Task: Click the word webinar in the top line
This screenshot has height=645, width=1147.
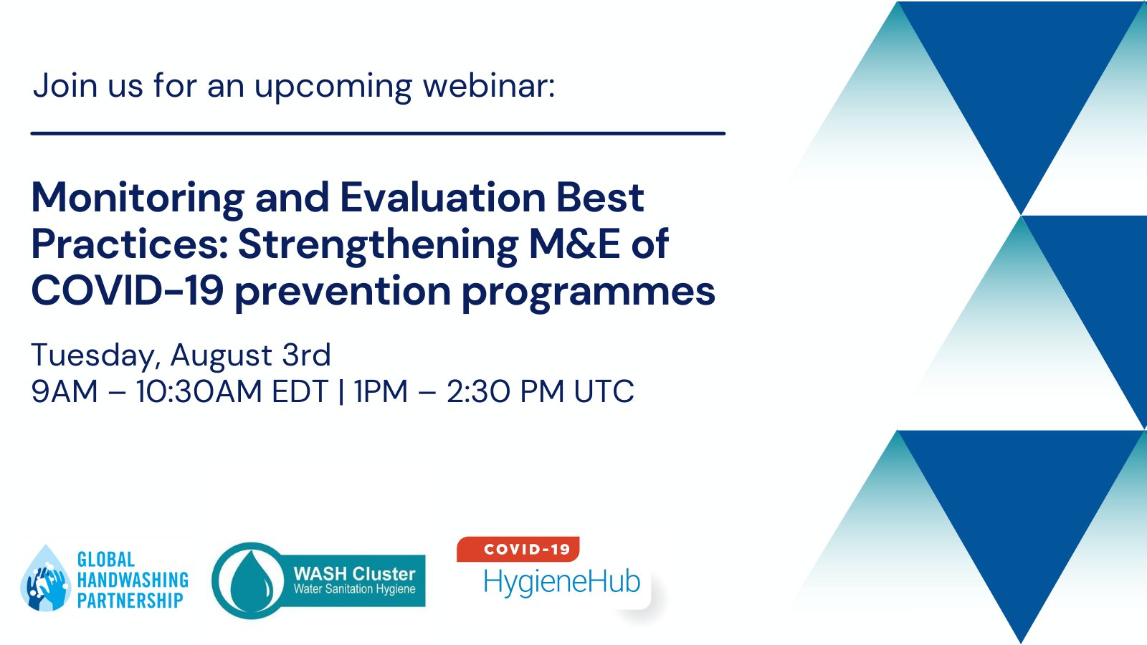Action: [488, 86]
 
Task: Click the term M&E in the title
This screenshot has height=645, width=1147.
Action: [574, 244]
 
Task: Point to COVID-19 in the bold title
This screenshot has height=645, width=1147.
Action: [128, 292]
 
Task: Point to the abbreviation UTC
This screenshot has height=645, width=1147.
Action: [604, 391]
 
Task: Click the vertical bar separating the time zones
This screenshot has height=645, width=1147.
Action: [341, 391]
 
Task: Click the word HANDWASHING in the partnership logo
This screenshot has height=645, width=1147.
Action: [133, 580]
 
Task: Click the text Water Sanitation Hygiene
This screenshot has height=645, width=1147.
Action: [354, 589]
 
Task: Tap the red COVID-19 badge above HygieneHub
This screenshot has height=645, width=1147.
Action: [518, 549]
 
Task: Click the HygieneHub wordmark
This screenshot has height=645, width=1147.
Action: [561, 581]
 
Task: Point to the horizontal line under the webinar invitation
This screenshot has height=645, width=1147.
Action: [378, 133]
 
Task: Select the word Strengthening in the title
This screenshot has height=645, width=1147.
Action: [378, 244]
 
